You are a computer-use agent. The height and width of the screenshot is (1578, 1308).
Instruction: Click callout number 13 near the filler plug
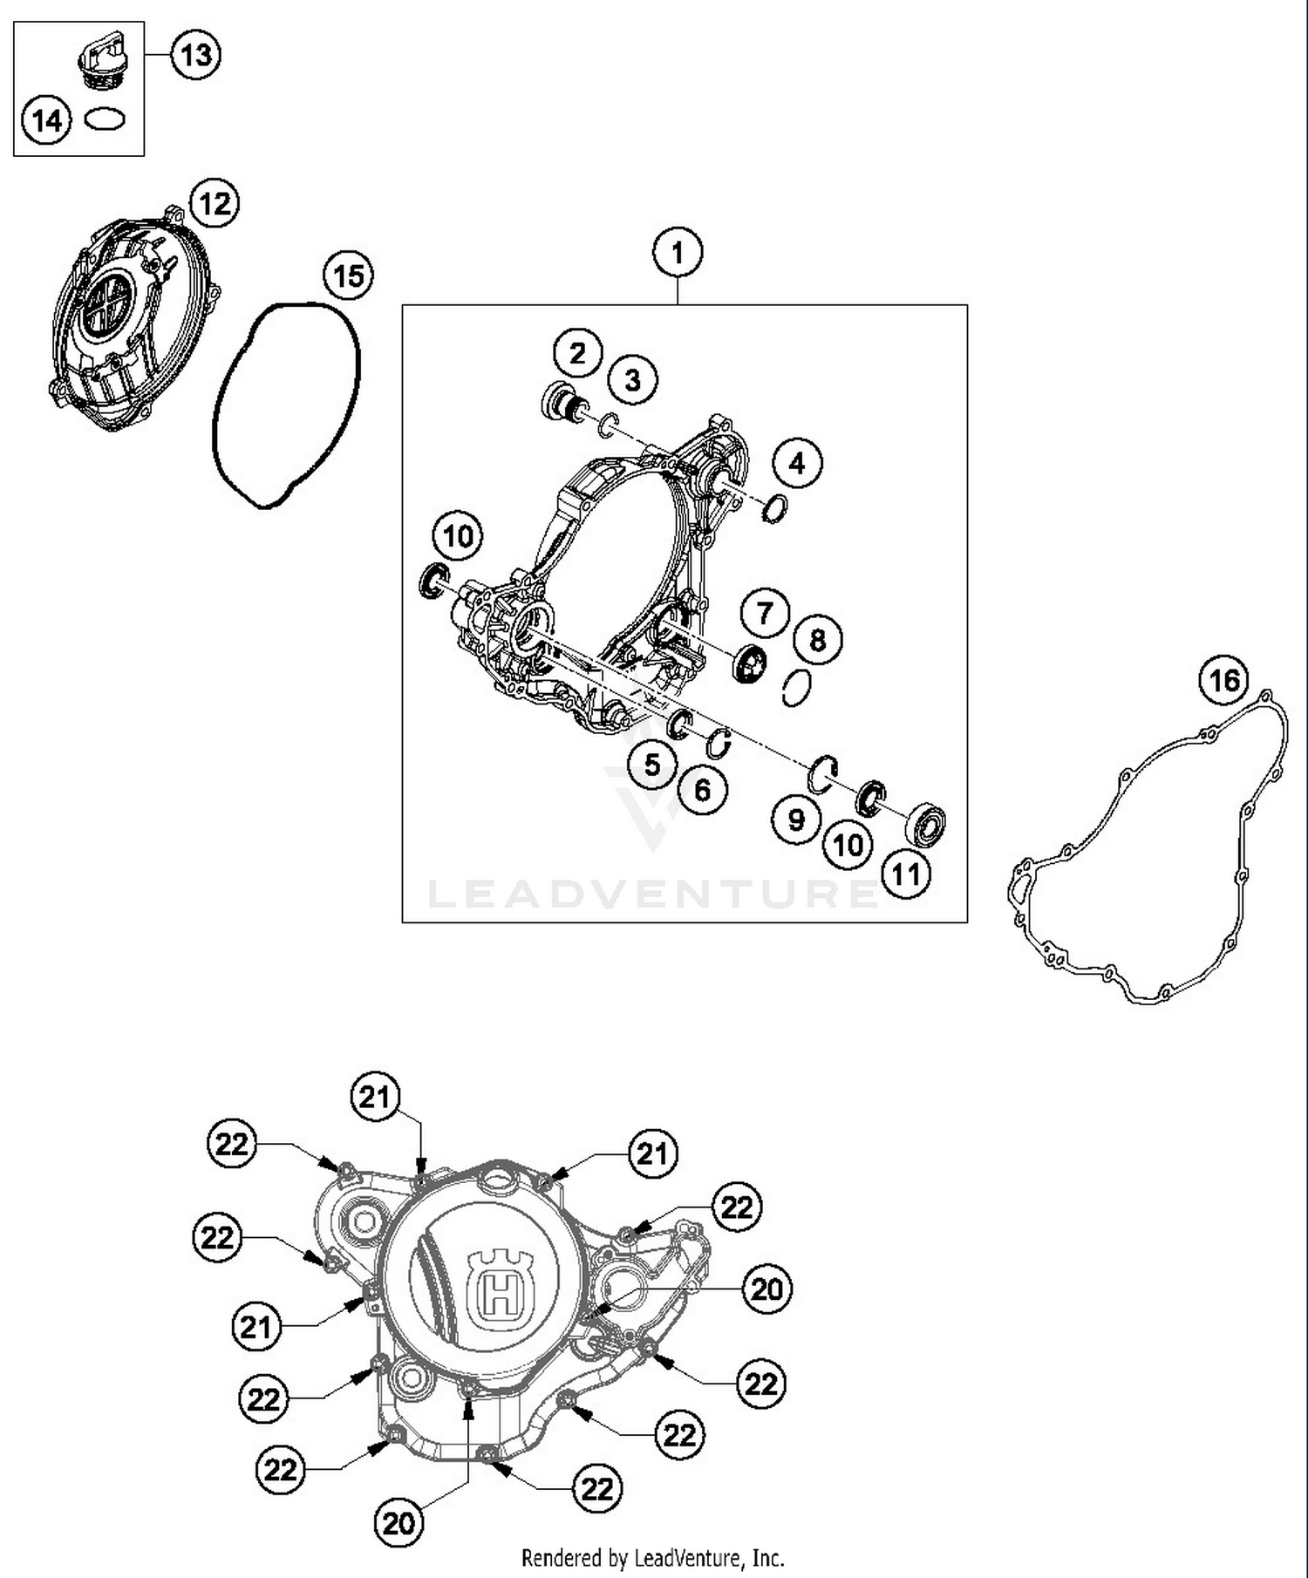click(195, 55)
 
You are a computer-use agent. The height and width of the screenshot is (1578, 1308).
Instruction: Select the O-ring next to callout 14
click(105, 119)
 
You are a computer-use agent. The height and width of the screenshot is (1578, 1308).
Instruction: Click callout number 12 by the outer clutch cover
click(215, 204)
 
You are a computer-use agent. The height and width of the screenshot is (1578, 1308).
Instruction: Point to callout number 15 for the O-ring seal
click(348, 276)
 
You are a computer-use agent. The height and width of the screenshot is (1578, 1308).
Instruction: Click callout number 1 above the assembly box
click(678, 253)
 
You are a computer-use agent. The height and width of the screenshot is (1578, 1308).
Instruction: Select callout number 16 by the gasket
click(1223, 680)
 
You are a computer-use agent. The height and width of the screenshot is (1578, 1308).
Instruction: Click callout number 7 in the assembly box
click(765, 613)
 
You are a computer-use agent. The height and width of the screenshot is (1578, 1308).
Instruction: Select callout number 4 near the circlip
click(797, 463)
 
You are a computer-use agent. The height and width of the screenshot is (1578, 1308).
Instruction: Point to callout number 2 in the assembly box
click(578, 353)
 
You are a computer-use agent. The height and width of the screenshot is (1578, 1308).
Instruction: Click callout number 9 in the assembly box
click(796, 820)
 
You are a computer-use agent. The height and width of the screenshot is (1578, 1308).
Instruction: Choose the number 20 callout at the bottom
click(399, 1523)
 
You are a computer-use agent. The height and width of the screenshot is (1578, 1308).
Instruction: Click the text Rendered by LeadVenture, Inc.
click(652, 1557)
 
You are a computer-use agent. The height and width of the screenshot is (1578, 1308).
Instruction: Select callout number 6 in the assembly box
click(703, 790)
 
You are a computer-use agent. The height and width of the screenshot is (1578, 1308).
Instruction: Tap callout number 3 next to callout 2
click(633, 380)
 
